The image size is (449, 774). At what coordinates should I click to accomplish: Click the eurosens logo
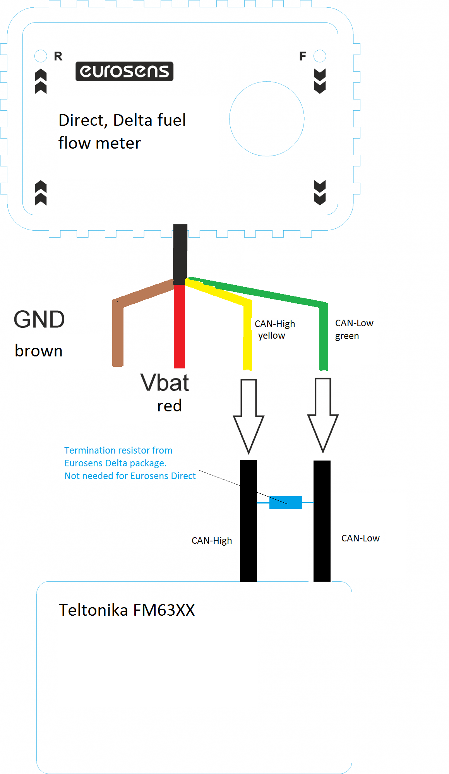point(124,71)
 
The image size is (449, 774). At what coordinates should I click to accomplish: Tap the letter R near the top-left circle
point(58,57)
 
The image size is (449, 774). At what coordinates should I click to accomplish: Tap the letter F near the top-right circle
point(303,57)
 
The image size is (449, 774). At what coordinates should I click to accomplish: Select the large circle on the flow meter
point(267,119)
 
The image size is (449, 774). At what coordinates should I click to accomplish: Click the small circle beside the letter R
point(41,56)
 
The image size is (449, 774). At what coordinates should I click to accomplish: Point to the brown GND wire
point(118,333)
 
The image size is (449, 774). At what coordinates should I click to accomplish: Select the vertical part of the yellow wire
point(248,337)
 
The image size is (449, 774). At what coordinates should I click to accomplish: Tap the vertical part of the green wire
point(324,337)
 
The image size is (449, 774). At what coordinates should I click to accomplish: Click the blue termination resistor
point(286,502)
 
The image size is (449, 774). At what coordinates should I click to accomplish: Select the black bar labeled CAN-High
point(248,542)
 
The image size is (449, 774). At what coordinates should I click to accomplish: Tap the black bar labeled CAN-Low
point(322,542)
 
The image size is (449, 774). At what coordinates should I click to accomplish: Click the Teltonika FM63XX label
point(127,610)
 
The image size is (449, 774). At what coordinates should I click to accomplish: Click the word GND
point(39,320)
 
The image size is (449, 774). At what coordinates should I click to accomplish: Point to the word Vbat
point(165,383)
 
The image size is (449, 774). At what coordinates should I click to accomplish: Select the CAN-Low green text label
point(354,329)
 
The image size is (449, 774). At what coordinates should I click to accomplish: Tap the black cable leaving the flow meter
point(180,253)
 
